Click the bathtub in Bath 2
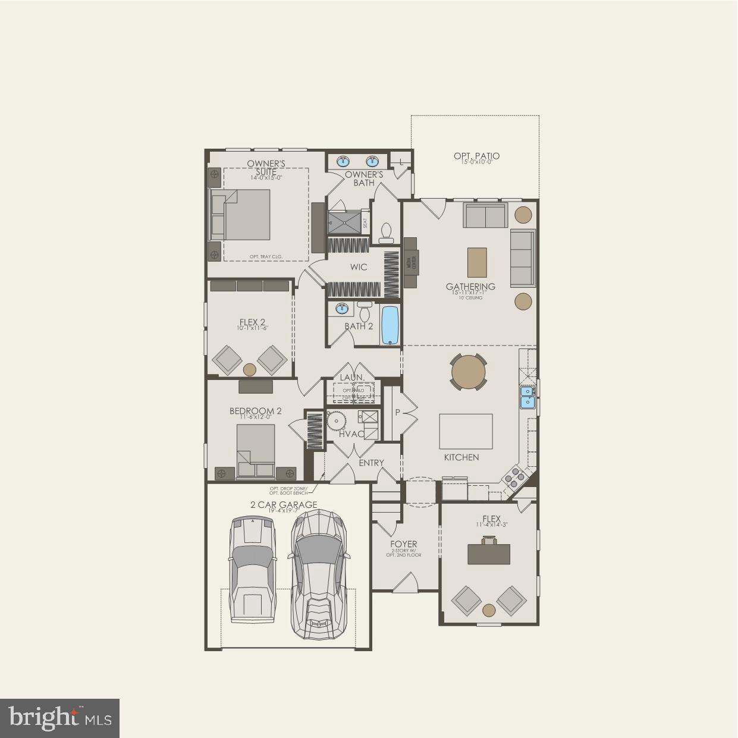(390, 325)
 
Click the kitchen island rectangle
(466, 431)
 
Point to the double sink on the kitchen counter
(527, 397)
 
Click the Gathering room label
(470, 287)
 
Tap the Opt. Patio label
(476, 156)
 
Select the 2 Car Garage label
(283, 505)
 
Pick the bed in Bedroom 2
(256, 451)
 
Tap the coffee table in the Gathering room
(476, 262)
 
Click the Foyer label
(403, 544)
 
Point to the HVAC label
(351, 434)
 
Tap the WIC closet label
(359, 267)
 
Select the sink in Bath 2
(342, 309)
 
